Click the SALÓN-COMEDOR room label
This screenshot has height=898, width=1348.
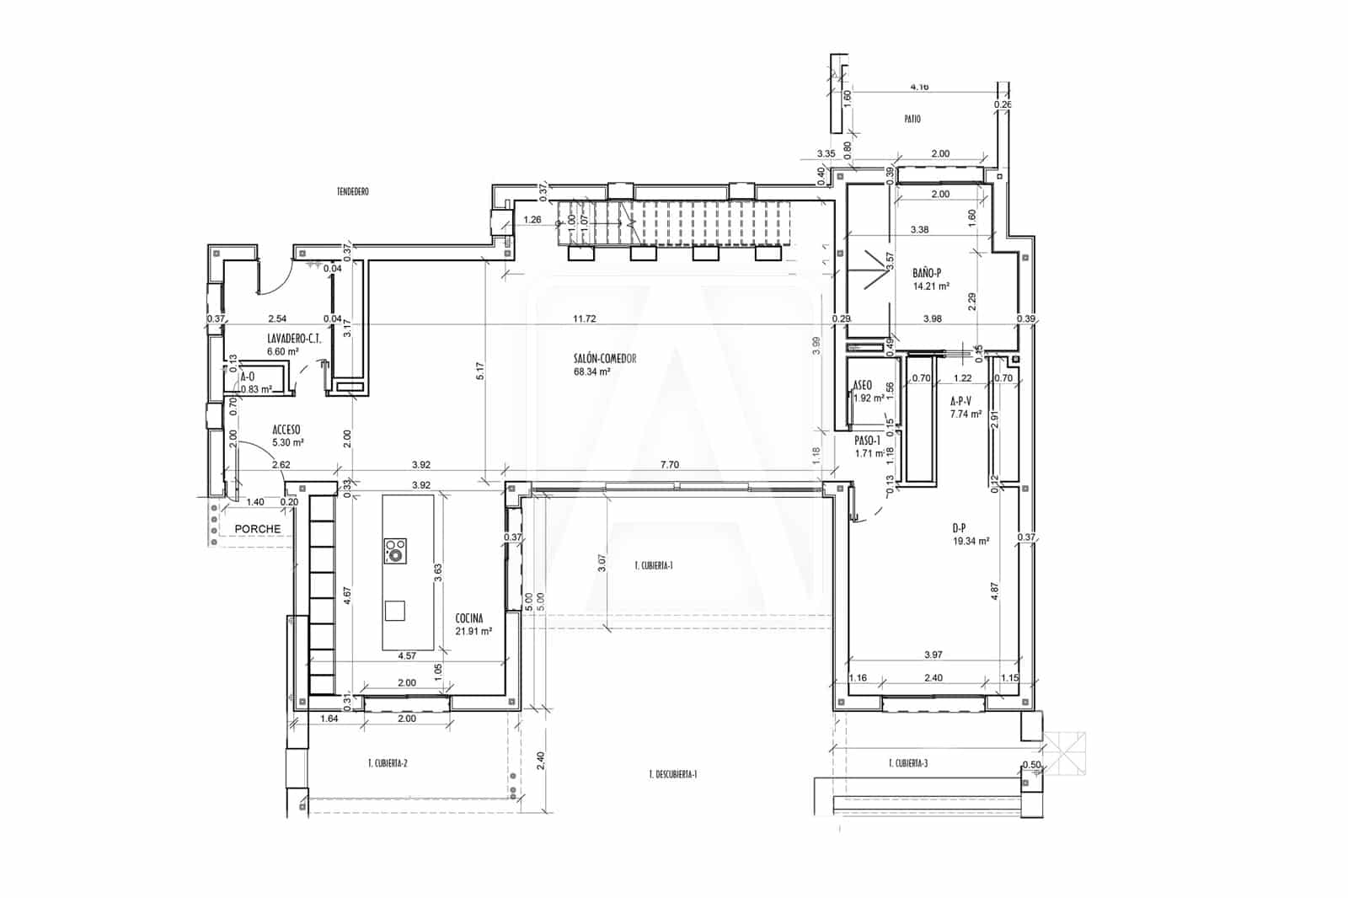604,359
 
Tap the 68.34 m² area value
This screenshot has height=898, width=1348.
591,371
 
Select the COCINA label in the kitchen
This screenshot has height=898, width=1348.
468,617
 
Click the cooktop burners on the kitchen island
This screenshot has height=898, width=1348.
395,550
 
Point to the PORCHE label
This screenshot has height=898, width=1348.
257,529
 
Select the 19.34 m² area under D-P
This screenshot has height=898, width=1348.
971,542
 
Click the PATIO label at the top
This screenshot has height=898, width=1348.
912,120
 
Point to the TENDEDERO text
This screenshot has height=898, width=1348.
353,192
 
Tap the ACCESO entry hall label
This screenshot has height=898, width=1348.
286,429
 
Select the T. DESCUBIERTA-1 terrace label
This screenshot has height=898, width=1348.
673,774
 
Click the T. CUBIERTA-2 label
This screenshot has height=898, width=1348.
388,764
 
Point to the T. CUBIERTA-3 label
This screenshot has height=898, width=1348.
908,764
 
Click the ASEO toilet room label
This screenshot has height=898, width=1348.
863,385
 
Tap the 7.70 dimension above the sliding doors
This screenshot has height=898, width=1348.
670,464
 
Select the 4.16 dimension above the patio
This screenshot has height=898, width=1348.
919,87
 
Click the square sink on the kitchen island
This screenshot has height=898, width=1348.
395,610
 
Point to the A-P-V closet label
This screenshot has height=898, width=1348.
961,402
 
